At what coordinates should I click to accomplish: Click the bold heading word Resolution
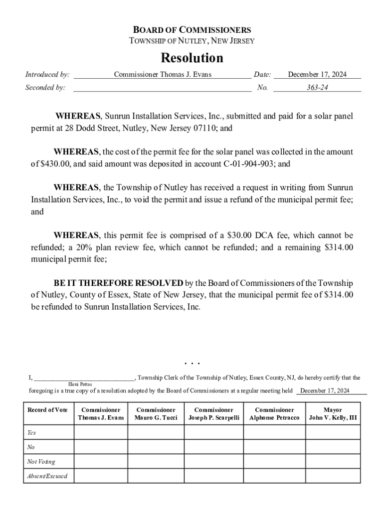coord(192,58)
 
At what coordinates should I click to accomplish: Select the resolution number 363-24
coord(317,88)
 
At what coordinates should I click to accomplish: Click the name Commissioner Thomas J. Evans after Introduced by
coord(163,75)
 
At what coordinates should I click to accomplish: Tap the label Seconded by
coord(45,88)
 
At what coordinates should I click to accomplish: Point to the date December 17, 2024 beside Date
coord(317,75)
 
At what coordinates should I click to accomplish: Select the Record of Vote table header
coord(48,410)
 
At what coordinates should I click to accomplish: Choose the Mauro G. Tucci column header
coord(156,414)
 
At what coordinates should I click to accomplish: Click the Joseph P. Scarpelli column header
coord(214,414)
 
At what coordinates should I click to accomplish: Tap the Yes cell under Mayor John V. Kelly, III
coord(333,432)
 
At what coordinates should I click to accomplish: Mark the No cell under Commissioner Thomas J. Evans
coord(101,447)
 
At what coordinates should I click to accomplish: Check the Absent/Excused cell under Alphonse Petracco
coord(274,476)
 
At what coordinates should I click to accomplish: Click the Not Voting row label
coord(41,462)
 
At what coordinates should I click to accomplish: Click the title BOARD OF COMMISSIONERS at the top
coord(192,30)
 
